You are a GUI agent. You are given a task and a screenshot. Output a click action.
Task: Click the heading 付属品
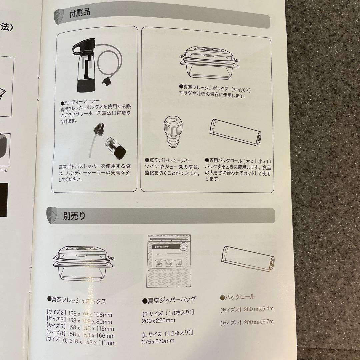(x=79, y=14)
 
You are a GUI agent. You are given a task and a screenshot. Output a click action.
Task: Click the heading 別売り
(x=74, y=216)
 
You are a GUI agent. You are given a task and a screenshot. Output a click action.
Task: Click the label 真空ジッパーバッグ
(x=169, y=299)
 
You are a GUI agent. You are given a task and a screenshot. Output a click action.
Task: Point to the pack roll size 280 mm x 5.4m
(x=258, y=309)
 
